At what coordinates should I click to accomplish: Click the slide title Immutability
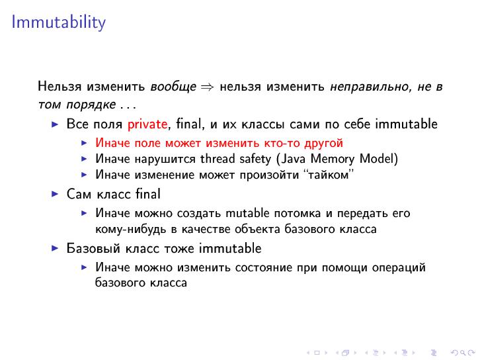coord(58,22)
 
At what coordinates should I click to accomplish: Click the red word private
coord(148,124)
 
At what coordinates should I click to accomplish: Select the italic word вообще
coord(173,87)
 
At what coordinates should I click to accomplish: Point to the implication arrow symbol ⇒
coord(208,87)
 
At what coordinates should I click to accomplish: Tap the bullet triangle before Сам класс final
coord(55,195)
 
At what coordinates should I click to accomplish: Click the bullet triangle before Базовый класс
coord(55,249)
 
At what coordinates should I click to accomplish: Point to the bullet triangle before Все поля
coord(55,124)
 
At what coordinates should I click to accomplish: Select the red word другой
coord(323,143)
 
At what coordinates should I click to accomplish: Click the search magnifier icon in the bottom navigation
coord(454,353)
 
